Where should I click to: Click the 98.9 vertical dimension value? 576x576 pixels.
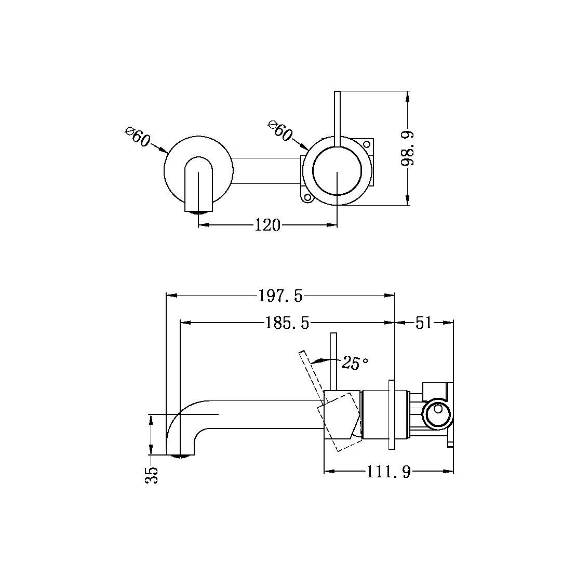[x=408, y=149]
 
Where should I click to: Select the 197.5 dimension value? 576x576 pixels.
[x=280, y=296]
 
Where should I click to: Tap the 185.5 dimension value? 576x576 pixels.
[x=287, y=323]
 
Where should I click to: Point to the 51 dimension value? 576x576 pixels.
[x=424, y=323]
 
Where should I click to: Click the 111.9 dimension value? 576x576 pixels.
[x=389, y=472]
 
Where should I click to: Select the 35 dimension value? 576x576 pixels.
[x=151, y=474]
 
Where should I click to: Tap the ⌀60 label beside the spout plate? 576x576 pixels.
[x=138, y=136]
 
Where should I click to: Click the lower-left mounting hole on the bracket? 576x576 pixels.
[x=307, y=197]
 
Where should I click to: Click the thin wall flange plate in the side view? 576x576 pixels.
[x=392, y=413]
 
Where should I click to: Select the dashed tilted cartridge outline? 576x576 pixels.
[x=340, y=422]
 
